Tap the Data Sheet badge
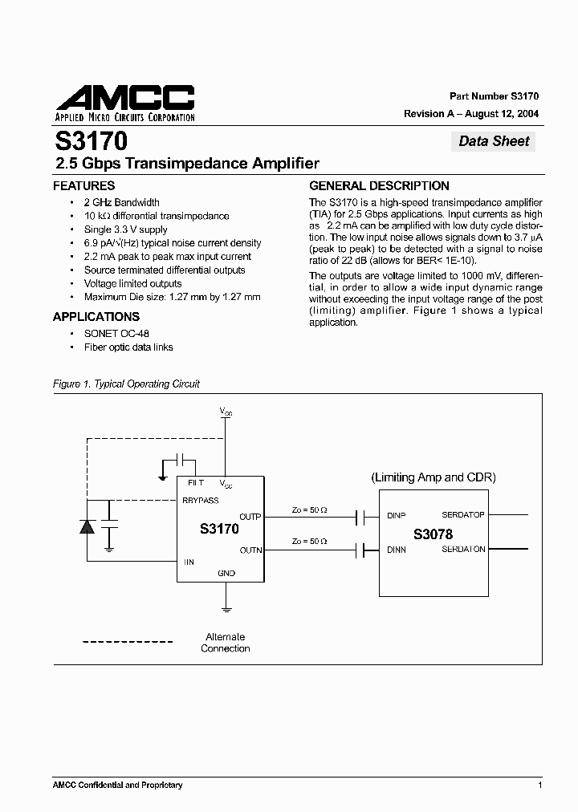[494, 141]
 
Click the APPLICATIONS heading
[96, 316]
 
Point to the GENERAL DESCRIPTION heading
[379, 185]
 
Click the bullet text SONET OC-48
[116, 334]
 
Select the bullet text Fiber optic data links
[128, 347]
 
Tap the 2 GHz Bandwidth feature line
[121, 202]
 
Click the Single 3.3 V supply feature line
[125, 229]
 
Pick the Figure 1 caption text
[126, 384]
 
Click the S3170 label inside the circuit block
[218, 530]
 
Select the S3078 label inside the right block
[433, 534]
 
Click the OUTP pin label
[250, 517]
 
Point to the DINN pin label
[396, 550]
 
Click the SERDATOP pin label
[462, 515]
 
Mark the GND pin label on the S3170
[226, 574]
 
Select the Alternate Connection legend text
[225, 643]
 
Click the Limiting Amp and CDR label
[433, 477]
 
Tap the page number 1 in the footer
[539, 785]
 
